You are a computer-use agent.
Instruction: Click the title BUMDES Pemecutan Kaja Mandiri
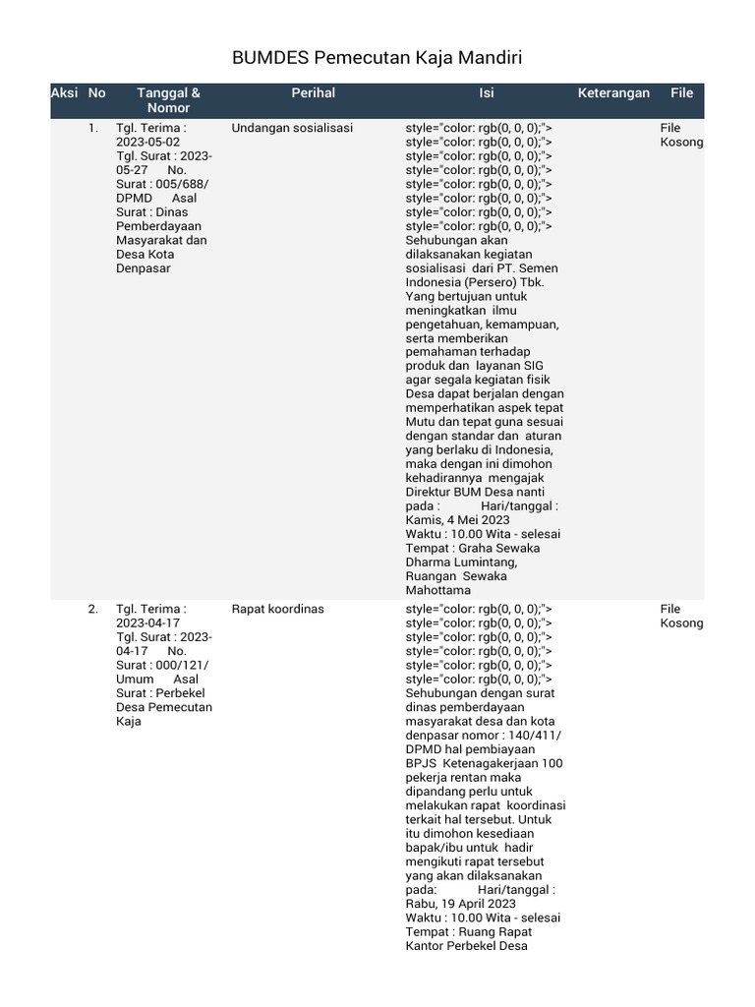(377, 59)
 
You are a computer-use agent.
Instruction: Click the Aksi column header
(64, 93)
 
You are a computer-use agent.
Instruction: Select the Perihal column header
(313, 93)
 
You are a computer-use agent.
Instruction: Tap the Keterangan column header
(613, 93)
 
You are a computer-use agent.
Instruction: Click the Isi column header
(486, 93)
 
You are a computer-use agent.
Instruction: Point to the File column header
(681, 93)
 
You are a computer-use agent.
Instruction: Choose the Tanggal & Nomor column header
(168, 100)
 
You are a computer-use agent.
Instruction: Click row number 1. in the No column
(93, 128)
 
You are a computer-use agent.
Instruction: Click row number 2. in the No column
(93, 609)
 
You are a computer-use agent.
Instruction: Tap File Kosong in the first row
(681, 135)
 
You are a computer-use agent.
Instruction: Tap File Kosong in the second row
(681, 616)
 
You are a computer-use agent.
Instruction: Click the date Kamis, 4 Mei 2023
(457, 520)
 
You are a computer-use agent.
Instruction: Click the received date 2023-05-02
(147, 142)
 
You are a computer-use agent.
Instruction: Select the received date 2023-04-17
(147, 622)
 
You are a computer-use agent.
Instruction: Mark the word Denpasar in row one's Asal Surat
(144, 268)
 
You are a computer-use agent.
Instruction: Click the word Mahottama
(438, 591)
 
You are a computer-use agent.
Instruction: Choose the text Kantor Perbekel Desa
(467, 946)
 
